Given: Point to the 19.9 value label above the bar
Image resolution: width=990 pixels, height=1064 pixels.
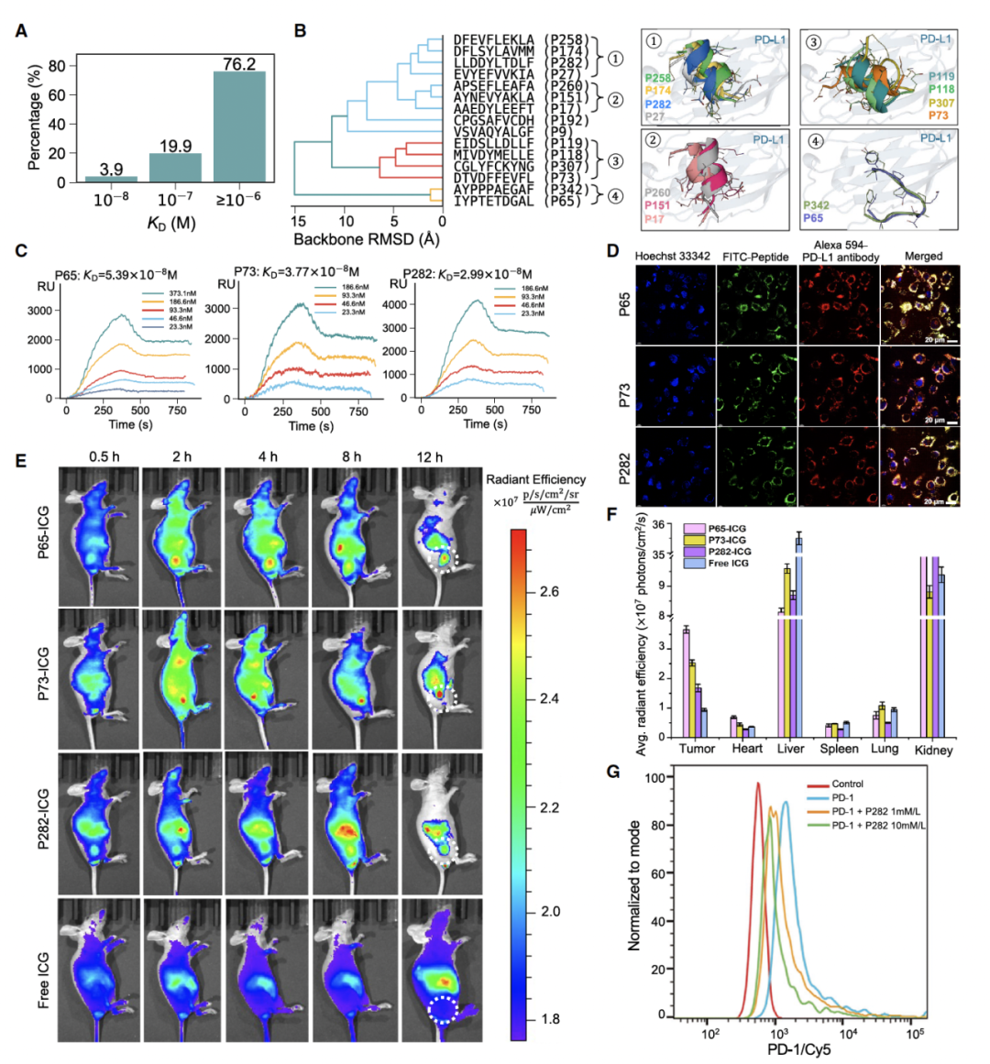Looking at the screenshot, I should point(175,144).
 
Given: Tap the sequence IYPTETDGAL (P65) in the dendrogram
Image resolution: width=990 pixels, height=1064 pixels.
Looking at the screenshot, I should point(518,201).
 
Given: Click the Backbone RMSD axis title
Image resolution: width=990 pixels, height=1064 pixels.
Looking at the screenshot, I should point(367,240).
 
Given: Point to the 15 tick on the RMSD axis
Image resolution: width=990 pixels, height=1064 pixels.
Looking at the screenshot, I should point(298,221).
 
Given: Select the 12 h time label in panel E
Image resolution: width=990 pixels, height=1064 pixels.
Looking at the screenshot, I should point(429,456).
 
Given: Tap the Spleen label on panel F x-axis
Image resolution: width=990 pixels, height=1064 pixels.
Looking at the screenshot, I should point(839,750).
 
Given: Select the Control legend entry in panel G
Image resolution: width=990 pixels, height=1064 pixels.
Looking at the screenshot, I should point(847,784).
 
